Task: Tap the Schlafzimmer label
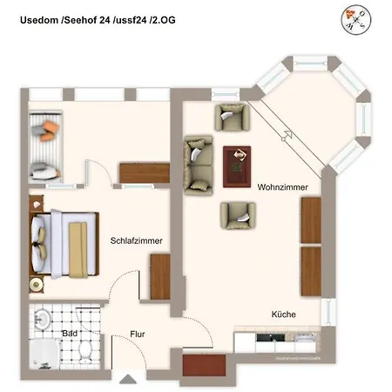[x=136, y=241]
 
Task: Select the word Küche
[x=284, y=314]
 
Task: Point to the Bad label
[x=71, y=333]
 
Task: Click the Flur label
[x=138, y=334]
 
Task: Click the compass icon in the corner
[x=356, y=17]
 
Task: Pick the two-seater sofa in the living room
[x=198, y=164]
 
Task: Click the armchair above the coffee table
[x=233, y=117]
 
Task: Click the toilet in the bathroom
[x=86, y=352]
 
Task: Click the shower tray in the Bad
[x=42, y=355]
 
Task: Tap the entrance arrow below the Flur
[x=128, y=379]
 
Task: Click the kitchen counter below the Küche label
[x=279, y=342]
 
